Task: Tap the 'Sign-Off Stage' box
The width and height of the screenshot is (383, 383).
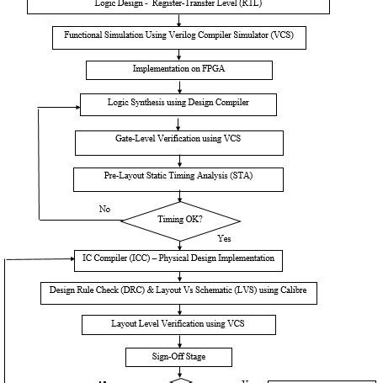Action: pyautogui.click(x=178, y=357)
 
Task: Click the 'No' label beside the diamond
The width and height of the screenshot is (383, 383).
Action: pyautogui.click(x=104, y=209)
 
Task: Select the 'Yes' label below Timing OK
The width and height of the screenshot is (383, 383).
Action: pyautogui.click(x=225, y=238)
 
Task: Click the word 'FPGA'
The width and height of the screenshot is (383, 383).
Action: pyautogui.click(x=219, y=68)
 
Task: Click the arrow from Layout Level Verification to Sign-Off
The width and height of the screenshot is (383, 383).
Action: pyautogui.click(x=178, y=341)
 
